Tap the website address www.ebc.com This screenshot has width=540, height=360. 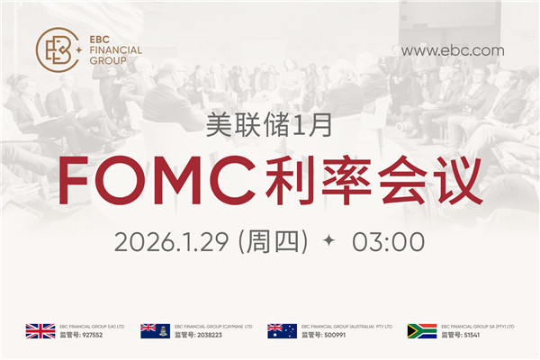[x=452, y=50]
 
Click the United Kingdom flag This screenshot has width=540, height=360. [x=40, y=330]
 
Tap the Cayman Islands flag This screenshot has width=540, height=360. [x=155, y=330]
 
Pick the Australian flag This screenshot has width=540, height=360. [x=282, y=330]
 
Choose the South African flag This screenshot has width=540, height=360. [x=422, y=330]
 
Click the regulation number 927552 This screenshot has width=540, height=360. [x=88, y=335]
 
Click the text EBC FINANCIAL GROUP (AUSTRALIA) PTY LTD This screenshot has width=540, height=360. [x=346, y=326]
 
